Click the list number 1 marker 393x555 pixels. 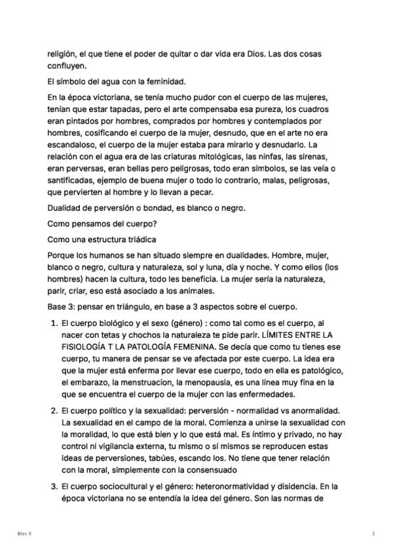click(x=53, y=323)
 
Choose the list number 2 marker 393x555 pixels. click(x=53, y=410)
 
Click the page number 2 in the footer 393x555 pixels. click(x=373, y=533)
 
